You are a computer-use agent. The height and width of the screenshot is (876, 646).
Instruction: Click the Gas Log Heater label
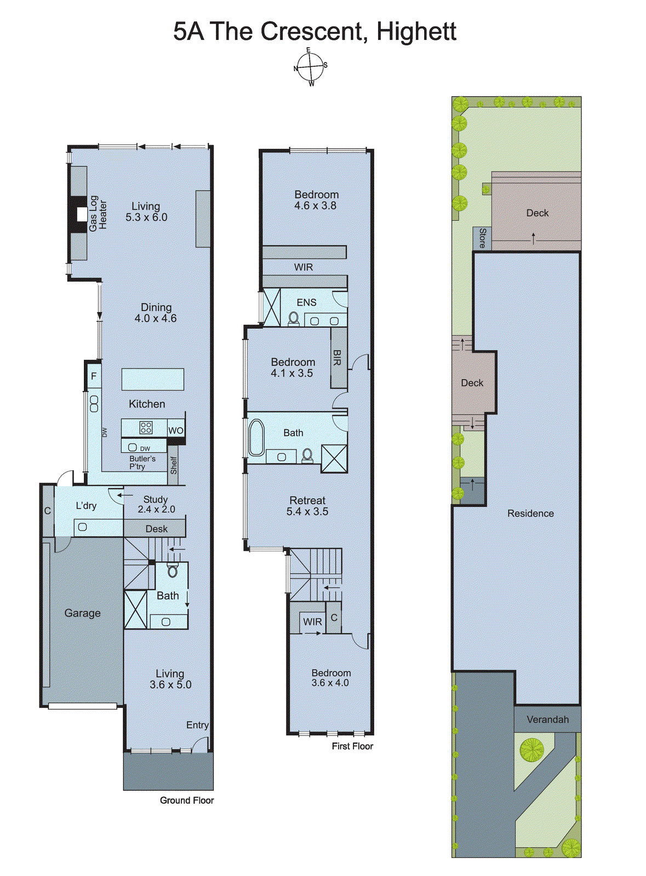[x=98, y=214]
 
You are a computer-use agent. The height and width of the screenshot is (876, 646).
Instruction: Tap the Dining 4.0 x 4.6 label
[x=156, y=313]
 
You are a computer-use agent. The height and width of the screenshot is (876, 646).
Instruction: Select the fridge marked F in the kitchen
[x=94, y=376]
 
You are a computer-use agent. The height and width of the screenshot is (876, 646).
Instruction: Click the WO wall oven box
[x=175, y=430]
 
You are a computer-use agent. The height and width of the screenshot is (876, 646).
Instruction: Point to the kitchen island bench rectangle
[x=152, y=379]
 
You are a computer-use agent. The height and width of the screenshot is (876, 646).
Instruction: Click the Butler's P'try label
[x=142, y=463]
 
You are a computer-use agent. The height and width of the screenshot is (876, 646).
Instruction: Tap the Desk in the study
[x=156, y=529]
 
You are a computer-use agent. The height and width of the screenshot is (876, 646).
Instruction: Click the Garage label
[x=82, y=613]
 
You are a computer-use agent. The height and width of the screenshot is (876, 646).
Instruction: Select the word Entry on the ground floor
[x=197, y=725]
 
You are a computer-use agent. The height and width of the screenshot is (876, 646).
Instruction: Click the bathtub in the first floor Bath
[x=256, y=437]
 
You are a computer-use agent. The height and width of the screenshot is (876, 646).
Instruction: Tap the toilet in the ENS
[x=294, y=318]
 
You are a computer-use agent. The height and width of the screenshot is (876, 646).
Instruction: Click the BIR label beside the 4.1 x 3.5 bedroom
[x=338, y=358]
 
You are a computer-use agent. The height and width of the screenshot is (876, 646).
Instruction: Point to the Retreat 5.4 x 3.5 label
[x=307, y=506]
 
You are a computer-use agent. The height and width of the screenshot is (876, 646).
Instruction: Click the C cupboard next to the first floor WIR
[x=334, y=618]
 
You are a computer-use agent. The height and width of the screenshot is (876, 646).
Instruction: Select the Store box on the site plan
[x=482, y=238]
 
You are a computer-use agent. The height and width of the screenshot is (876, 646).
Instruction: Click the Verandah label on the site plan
[x=547, y=719]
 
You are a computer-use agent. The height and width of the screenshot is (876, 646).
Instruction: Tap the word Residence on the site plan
[x=530, y=514]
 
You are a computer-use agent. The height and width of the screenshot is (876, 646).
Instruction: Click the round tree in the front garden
[x=531, y=750]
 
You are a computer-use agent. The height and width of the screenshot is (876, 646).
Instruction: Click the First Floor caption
[x=352, y=746]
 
